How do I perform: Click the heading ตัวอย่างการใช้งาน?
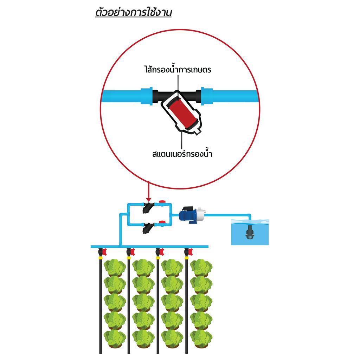point(133,13)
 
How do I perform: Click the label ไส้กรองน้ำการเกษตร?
point(177,70)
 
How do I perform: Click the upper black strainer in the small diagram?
point(147,208)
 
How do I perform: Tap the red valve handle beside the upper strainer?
point(162,202)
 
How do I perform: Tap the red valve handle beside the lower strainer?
point(162,222)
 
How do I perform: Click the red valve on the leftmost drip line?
point(104,251)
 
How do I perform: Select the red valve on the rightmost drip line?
point(190,251)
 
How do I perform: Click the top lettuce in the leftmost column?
point(115,268)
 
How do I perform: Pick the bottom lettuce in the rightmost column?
point(201,338)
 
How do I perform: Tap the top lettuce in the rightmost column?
point(201,268)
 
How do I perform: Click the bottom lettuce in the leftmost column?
point(115,338)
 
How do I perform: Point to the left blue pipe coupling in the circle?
point(146,96)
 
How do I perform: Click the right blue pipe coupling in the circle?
point(206,96)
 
